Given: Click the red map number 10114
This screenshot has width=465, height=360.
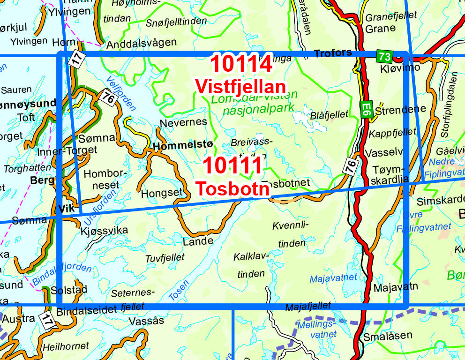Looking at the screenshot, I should (x=241, y=64).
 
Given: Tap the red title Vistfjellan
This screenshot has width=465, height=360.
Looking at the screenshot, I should (x=240, y=87).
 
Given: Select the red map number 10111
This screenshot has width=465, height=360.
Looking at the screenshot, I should (x=233, y=166).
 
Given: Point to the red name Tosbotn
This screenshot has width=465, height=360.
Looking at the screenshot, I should (x=233, y=188).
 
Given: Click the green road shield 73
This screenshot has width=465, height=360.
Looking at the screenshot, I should (x=384, y=57).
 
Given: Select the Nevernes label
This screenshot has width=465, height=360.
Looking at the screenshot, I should (x=183, y=122).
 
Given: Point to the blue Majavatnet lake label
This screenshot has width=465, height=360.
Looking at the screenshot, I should (x=333, y=278).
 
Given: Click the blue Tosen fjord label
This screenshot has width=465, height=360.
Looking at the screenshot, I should (x=179, y=291).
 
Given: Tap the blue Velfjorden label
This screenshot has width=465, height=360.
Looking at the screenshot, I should (x=121, y=94).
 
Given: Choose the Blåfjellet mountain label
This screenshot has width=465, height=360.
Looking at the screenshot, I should (x=330, y=114).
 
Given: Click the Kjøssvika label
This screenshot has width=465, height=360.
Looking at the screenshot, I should (x=105, y=231).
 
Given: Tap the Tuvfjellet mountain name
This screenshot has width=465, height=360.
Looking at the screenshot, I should (x=165, y=257).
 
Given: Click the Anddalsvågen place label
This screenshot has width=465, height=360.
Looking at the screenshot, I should (x=142, y=44).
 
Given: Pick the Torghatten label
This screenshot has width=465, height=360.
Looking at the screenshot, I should (x=27, y=167).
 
